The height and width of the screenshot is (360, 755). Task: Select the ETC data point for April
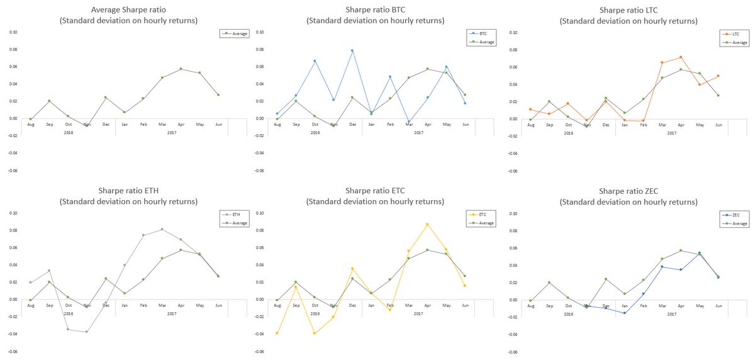tap(427, 224)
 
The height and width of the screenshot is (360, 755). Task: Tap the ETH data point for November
tap(86, 332)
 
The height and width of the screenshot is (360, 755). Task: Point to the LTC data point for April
tap(680, 57)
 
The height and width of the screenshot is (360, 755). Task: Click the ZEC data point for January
tap(624, 313)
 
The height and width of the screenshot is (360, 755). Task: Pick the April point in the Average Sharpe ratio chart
tap(181, 69)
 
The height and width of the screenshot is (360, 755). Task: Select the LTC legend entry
tap(734, 33)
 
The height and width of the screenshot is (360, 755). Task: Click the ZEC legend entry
tap(734, 215)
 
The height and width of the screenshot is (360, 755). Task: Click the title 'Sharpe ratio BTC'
tap(375, 10)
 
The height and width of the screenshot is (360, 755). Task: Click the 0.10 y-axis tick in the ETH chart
tap(13, 213)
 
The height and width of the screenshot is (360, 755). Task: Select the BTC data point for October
tap(314, 61)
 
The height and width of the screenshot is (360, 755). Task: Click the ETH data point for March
tap(162, 229)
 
